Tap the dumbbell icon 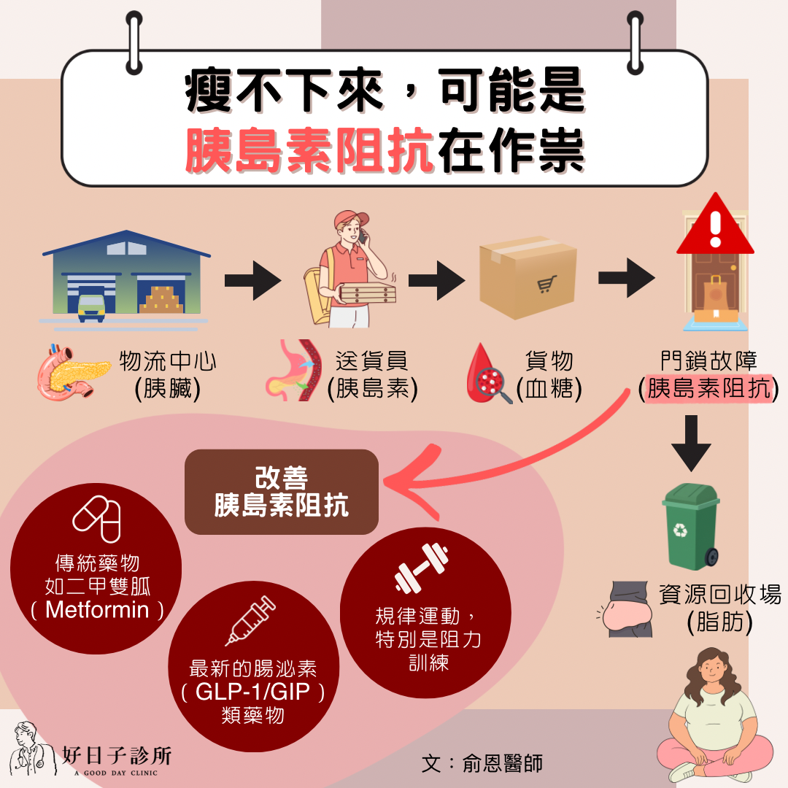click(x=420, y=567)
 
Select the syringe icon click(x=250, y=620)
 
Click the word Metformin click(x=96, y=609)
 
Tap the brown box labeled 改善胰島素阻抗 click(x=282, y=492)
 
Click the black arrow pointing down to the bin click(x=690, y=442)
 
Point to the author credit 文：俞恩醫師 click(x=482, y=764)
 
